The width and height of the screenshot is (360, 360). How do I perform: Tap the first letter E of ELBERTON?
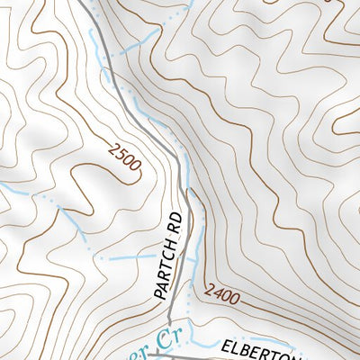(226, 344)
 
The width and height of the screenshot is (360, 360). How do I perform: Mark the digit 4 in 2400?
(215, 290)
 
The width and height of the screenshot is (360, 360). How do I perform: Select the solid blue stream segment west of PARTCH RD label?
(135, 257)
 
